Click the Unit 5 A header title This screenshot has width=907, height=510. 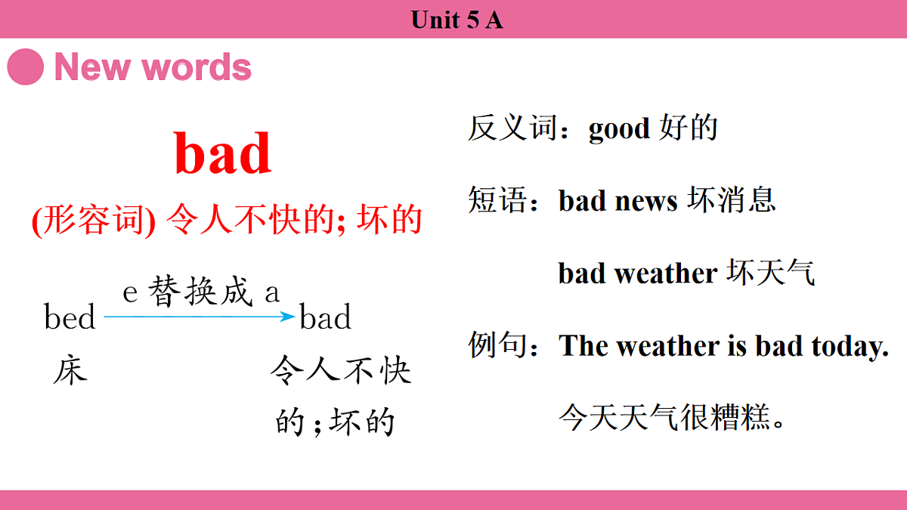pyautogui.click(x=457, y=20)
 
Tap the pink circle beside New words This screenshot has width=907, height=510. pyautogui.click(x=25, y=67)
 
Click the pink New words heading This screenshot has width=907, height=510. pyautogui.click(x=153, y=67)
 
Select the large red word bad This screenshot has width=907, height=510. pyautogui.click(x=223, y=153)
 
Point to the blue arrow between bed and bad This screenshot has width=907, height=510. pyautogui.click(x=199, y=317)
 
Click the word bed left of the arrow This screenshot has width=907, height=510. pyautogui.click(x=70, y=317)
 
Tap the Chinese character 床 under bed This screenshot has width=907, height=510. pyautogui.click(x=70, y=371)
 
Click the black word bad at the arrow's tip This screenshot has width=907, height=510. pyautogui.click(x=326, y=317)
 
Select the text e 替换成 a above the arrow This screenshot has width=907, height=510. pyautogui.click(x=201, y=292)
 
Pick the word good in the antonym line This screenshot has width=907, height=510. pyautogui.click(x=619, y=129)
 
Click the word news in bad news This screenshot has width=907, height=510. pyautogui.click(x=646, y=201)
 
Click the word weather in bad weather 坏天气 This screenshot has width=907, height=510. pyautogui.click(x=665, y=274)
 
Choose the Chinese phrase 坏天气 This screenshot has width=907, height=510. pyautogui.click(x=771, y=273)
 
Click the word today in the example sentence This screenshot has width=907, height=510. pyautogui.click(x=850, y=346)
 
